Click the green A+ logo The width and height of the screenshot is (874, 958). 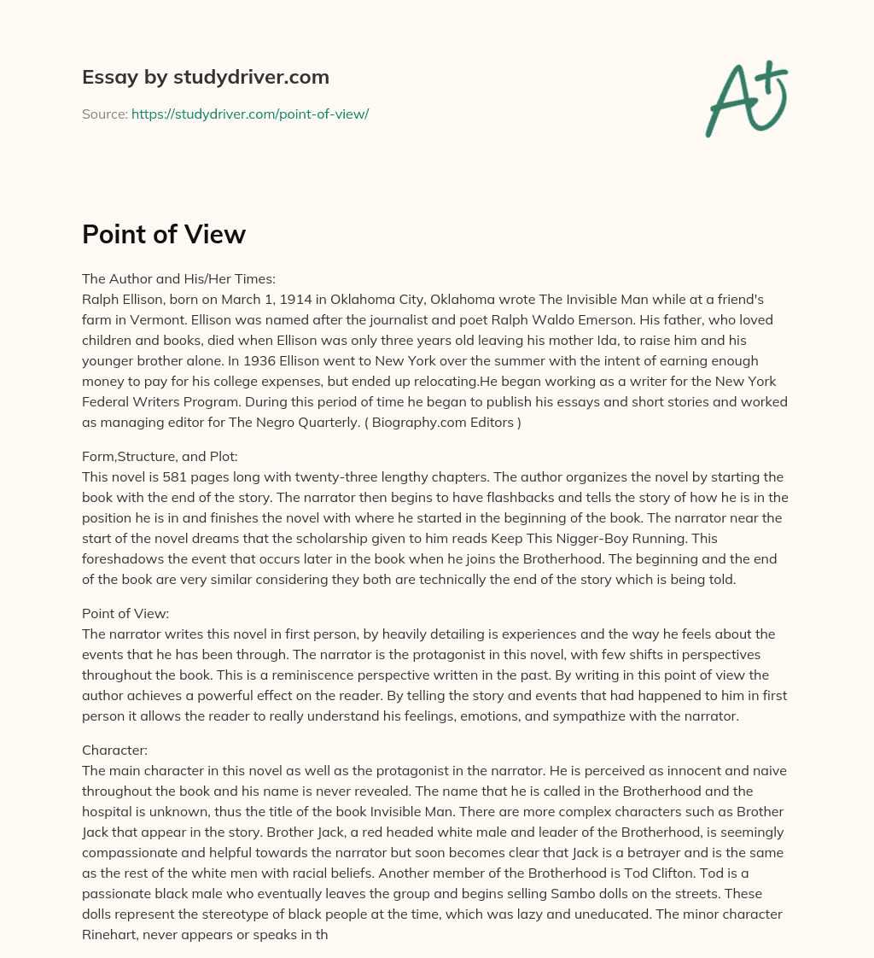tap(745, 99)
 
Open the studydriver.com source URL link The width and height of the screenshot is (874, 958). tap(249, 114)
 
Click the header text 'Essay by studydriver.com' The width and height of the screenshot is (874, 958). tap(205, 77)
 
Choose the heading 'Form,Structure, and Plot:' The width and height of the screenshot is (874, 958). tap(160, 456)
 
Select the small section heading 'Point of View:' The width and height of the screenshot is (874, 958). tap(125, 613)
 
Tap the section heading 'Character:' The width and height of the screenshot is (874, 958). tap(114, 750)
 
